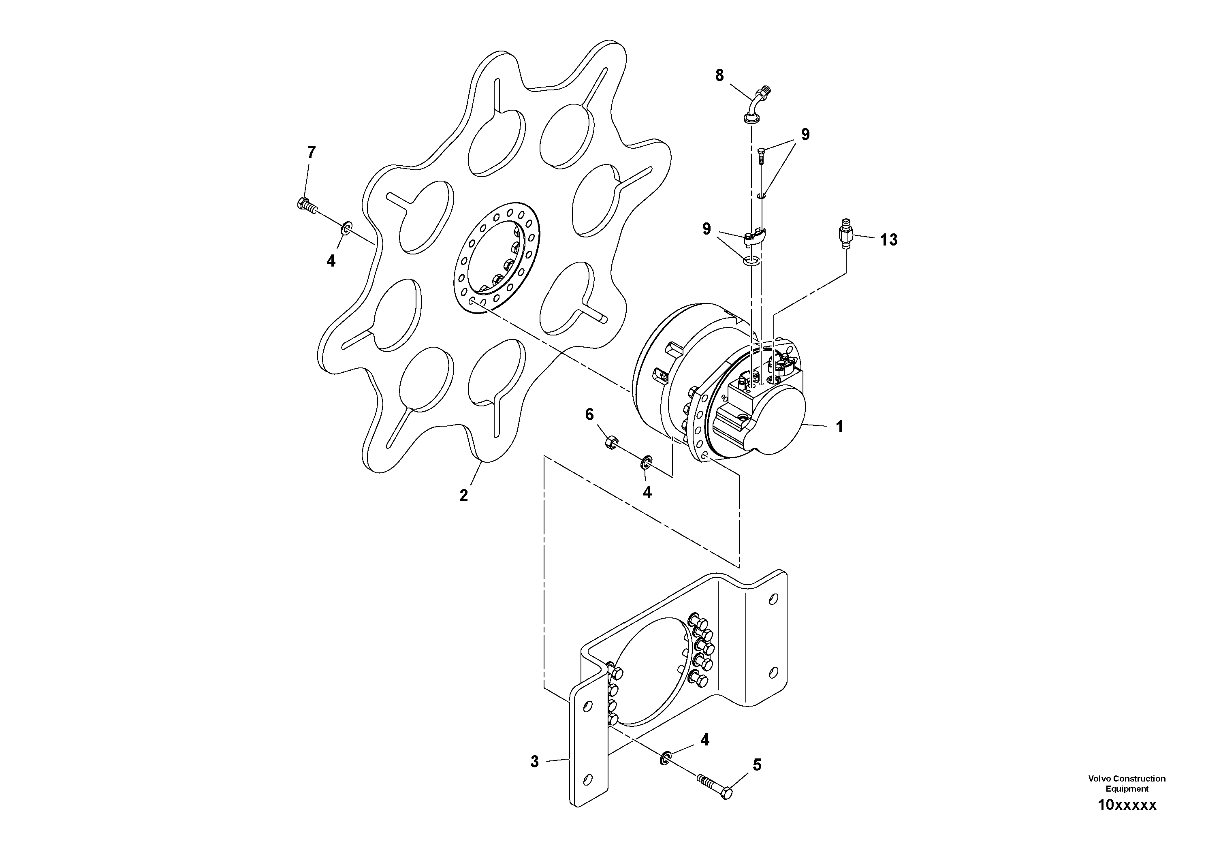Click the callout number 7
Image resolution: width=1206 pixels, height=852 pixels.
[x=312, y=153]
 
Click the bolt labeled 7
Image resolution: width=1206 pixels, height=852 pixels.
[x=306, y=205]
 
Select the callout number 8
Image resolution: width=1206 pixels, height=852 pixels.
[x=719, y=76]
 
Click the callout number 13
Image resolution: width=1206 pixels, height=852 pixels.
[x=889, y=240]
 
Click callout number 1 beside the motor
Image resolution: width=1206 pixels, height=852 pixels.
[x=839, y=427]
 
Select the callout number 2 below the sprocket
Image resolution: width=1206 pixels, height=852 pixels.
[x=463, y=495]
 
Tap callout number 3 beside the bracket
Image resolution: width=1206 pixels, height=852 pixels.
[x=534, y=762]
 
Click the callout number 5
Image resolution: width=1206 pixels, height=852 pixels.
[x=757, y=765]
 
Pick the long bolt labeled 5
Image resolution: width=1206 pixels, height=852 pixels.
[x=715, y=786]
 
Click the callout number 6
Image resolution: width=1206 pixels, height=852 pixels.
[x=589, y=415]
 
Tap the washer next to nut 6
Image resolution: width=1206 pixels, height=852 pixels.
[x=647, y=462]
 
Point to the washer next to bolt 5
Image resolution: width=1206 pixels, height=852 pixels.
[x=664, y=758]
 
